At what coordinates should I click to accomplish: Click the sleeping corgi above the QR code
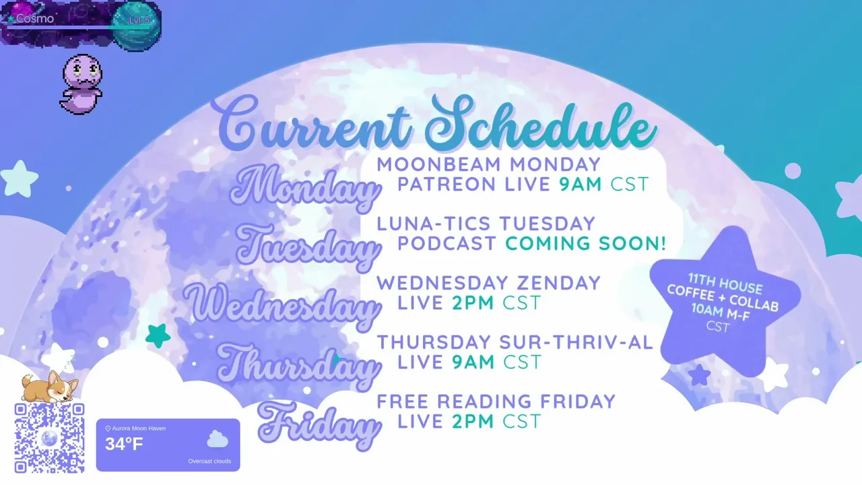click(49, 386)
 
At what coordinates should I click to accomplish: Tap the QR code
click(49, 438)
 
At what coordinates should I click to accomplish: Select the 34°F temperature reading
click(124, 444)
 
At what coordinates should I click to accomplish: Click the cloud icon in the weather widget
click(218, 439)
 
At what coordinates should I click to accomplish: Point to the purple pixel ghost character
click(81, 84)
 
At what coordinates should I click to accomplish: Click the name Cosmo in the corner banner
click(34, 18)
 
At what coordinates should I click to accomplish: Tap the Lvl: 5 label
click(139, 20)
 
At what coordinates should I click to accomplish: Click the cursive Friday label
click(319, 426)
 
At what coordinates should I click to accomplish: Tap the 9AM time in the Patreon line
click(581, 184)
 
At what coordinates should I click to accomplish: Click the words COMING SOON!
click(585, 243)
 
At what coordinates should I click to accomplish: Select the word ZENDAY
click(558, 283)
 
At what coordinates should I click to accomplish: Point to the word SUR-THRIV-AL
click(576, 342)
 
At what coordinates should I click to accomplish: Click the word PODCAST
click(446, 243)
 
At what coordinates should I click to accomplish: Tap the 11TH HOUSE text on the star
click(725, 284)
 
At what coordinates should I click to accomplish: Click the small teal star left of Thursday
click(158, 335)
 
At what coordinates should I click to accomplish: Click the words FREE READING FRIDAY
click(496, 401)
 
